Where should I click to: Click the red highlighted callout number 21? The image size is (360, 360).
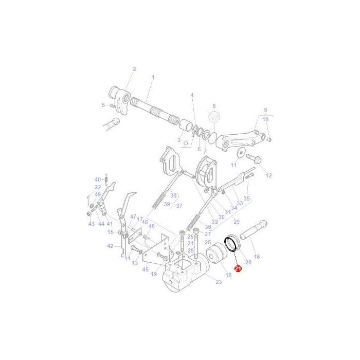pos(238,268)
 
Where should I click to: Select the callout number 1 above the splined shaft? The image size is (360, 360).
pos(153,77)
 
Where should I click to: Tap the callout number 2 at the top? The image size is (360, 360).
pos(134,69)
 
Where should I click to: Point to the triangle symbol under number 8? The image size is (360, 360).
pos(214,118)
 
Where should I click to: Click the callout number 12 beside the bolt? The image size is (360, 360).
pos(268,175)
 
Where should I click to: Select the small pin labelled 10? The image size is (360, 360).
pos(269,139)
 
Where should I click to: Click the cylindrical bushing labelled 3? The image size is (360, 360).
pos(185,126)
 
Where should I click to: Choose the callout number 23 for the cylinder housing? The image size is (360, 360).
pos(218,281)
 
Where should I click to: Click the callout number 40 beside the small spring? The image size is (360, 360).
pos(97,179)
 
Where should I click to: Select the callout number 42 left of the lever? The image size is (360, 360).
pos(110,246)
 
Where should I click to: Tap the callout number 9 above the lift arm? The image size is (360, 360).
pos(265,110)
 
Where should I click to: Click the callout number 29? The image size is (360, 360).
pos(236,221)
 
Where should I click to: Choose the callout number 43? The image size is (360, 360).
pos(92,224)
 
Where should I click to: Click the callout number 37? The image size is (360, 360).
pos(179,206)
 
